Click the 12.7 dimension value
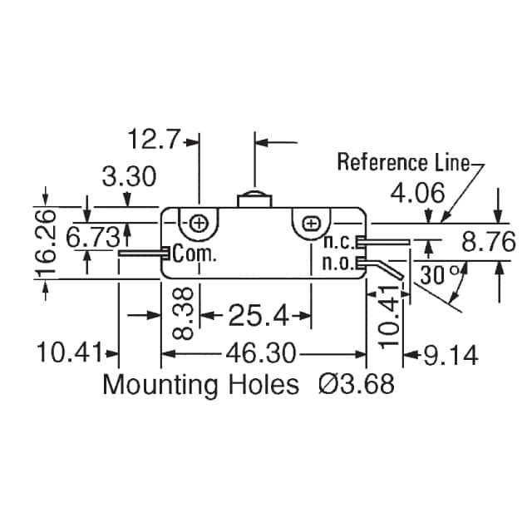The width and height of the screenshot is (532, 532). coord(153,139)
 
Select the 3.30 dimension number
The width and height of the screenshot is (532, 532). coord(130,176)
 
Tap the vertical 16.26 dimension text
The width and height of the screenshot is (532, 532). coord(46,242)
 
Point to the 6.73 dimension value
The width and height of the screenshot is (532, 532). coord(93,237)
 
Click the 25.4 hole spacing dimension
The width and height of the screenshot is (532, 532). coord(259,316)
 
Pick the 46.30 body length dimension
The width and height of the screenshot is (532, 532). coord(261,353)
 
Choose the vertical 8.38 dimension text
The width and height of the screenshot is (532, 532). coord(183,314)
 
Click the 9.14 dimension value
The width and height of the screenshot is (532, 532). coord(451,355)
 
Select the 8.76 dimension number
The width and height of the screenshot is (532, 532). coord(489,242)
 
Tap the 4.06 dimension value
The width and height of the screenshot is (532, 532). coord(417,193)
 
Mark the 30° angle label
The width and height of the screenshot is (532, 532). coord(441,274)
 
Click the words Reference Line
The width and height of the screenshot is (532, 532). coord(404,162)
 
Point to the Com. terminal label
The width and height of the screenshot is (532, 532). coord(194,253)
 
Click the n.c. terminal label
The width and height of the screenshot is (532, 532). coord(340,242)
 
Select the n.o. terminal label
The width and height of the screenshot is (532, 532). coord(339,264)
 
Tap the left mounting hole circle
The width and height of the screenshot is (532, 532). coord(199,224)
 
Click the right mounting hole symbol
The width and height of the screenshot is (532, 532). coord(311,224)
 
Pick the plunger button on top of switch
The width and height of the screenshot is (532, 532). coord(254,199)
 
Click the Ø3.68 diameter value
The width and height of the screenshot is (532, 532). coord(357,384)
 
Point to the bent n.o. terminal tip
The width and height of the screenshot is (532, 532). coord(401,278)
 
